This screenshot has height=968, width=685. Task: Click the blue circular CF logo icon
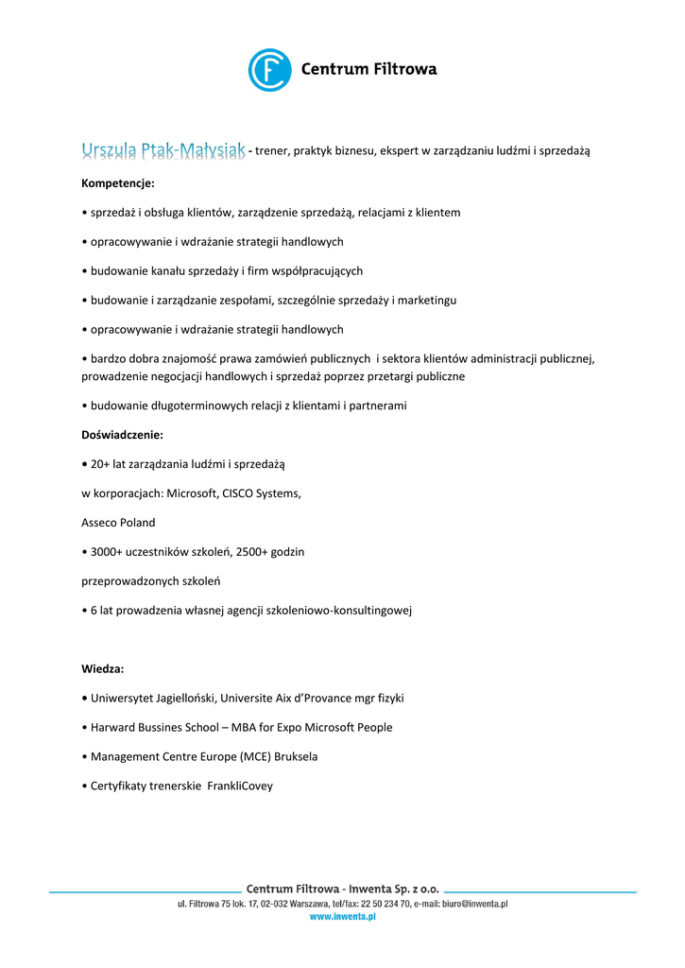269,70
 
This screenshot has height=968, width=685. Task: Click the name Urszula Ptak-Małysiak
163,150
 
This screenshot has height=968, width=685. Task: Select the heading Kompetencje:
118,182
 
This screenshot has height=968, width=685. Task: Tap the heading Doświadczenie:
122,435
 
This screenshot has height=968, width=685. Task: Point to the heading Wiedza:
103,668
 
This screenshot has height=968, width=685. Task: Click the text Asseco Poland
118,522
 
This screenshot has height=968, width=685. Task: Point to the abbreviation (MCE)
242,756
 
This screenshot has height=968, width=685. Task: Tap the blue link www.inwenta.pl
342,917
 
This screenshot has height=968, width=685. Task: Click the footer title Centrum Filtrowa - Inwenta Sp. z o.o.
342,889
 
